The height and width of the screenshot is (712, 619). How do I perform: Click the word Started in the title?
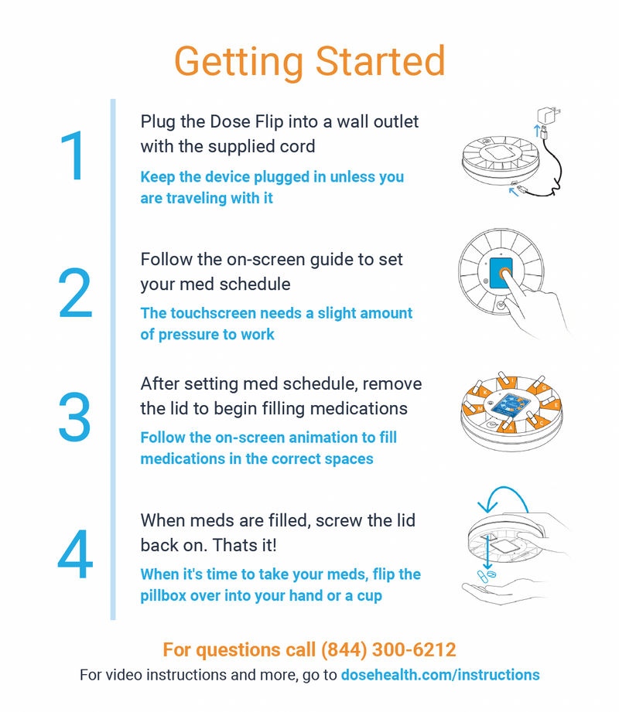(x=380, y=61)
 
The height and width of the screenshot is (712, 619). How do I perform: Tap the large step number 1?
(x=74, y=155)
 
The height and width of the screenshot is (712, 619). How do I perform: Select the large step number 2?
(x=75, y=292)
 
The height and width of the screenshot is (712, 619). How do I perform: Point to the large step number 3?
(x=74, y=417)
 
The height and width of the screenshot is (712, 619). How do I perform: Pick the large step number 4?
(x=75, y=554)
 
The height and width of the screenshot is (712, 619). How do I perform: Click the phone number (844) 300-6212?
(x=388, y=650)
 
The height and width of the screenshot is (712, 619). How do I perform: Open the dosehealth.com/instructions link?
(x=440, y=675)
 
